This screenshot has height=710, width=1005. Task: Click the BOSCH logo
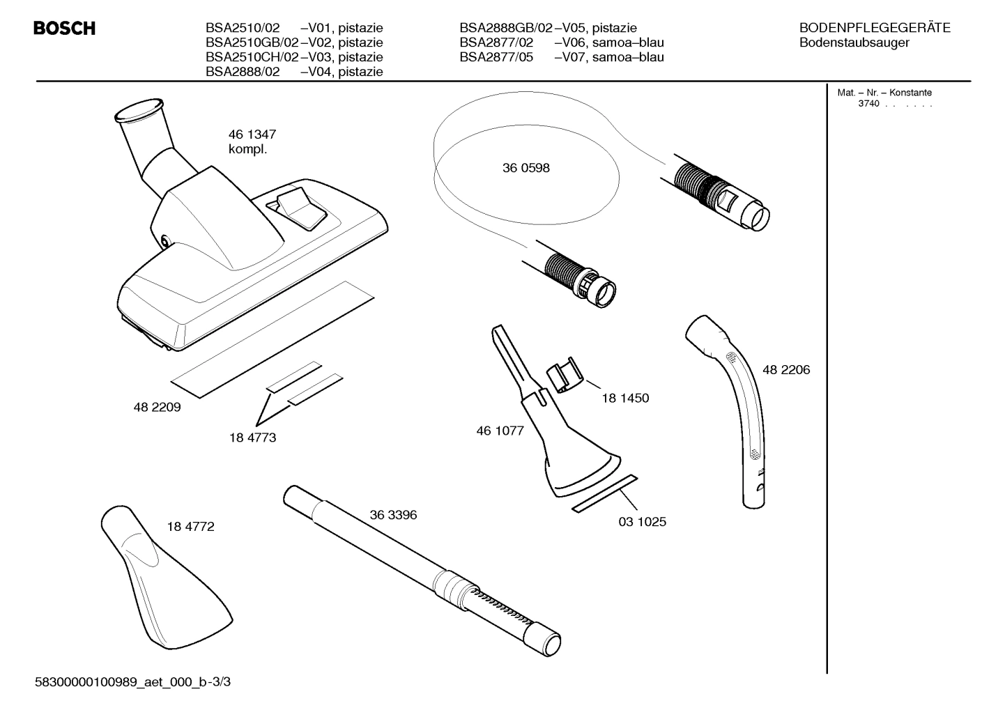coord(64,29)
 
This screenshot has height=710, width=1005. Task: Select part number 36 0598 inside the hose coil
coord(525,168)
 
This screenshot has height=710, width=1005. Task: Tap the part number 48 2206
coord(785,370)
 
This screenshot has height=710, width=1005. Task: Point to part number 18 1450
coord(625,398)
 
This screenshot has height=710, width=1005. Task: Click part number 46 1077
coord(500,431)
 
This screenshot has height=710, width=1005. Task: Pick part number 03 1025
coord(642,521)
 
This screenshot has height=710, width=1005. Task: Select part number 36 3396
coord(393,515)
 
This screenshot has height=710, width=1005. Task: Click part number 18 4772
coord(190,527)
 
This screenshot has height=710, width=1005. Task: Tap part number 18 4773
coord(252,438)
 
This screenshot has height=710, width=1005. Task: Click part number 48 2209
coord(157,408)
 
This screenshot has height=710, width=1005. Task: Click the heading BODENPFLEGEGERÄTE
coord(875,28)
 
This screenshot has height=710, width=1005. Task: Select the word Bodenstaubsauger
coord(854,43)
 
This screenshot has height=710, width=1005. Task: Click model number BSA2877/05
coord(496,57)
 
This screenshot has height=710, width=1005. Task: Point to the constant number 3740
coord(868,104)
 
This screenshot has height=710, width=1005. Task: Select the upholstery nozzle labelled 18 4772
coord(167,578)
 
